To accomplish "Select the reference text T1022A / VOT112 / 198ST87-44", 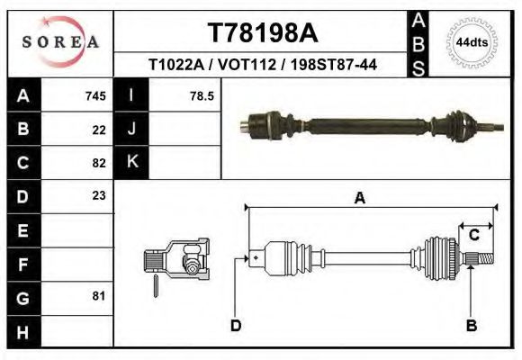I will click(263, 66).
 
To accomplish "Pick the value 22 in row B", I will click(99, 130).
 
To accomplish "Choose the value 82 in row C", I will click(99, 163).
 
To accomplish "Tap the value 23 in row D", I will click(99, 195).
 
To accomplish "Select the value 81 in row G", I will click(99, 295).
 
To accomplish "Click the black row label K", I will click(132, 163).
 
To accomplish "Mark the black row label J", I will click(132, 130).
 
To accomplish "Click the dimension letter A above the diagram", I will click(360, 199).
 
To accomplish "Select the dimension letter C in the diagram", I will click(473, 236).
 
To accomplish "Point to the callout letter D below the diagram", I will click(236, 325).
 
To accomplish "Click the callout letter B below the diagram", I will click(471, 325).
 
